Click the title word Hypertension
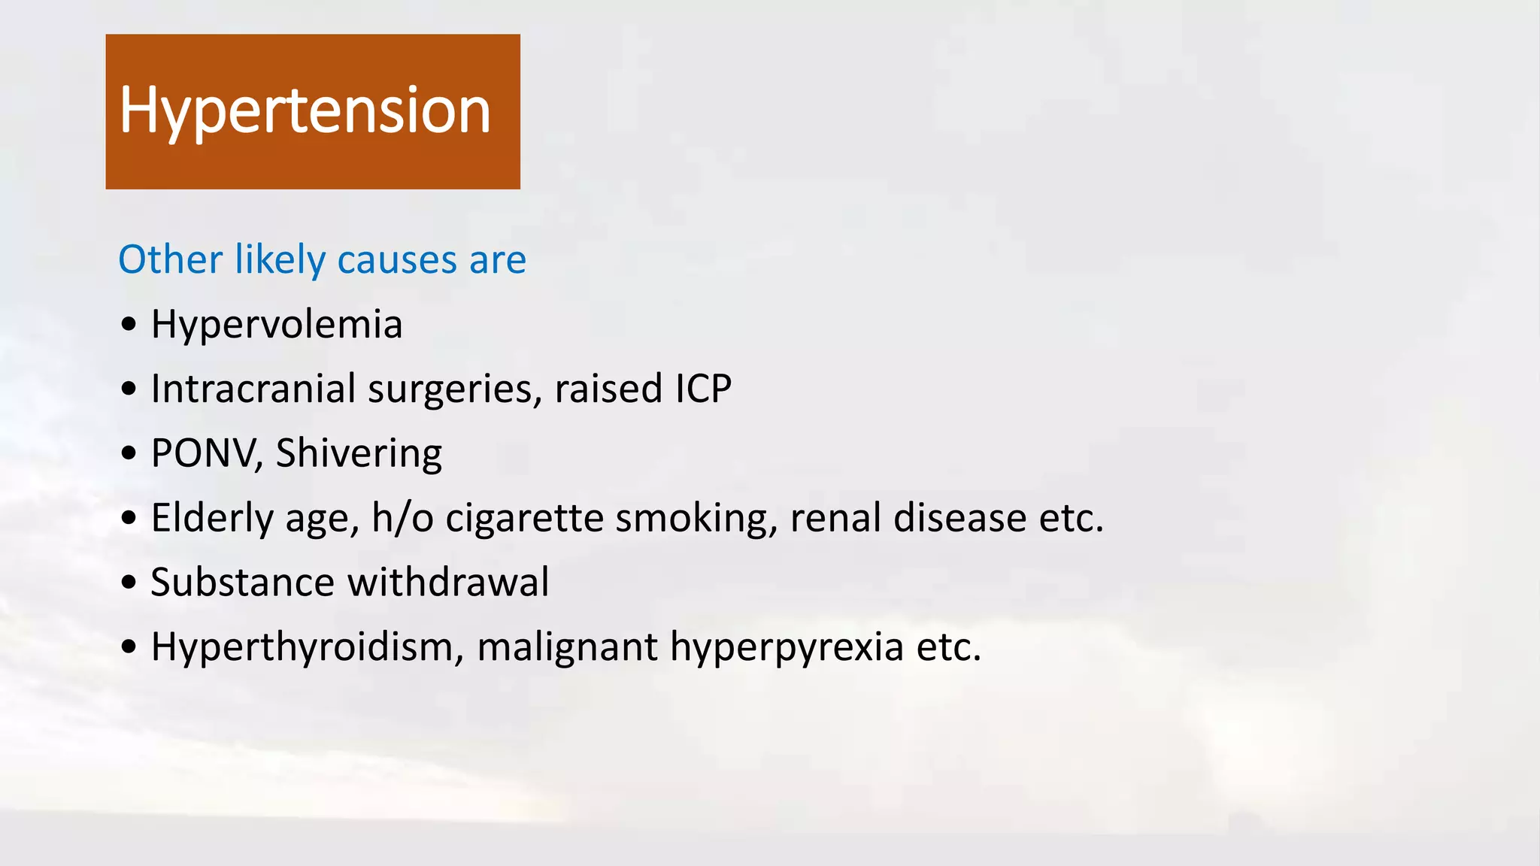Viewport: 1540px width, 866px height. tap(305, 111)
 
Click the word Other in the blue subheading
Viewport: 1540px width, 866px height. tap(170, 260)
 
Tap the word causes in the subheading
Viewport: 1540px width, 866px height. tap(397, 260)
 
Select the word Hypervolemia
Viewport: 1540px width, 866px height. tap(277, 325)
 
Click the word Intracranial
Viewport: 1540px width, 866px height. tap(253, 389)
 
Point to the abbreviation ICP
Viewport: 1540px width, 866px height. tap(703, 389)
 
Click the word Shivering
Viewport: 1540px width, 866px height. tap(359, 454)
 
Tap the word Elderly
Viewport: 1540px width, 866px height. tap(212, 519)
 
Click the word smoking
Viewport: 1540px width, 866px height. tap(696, 519)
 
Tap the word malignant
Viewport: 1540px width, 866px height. tap(567, 647)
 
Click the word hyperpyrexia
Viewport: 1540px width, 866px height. tap(787, 647)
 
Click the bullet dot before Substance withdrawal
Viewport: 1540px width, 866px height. tap(129, 583)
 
